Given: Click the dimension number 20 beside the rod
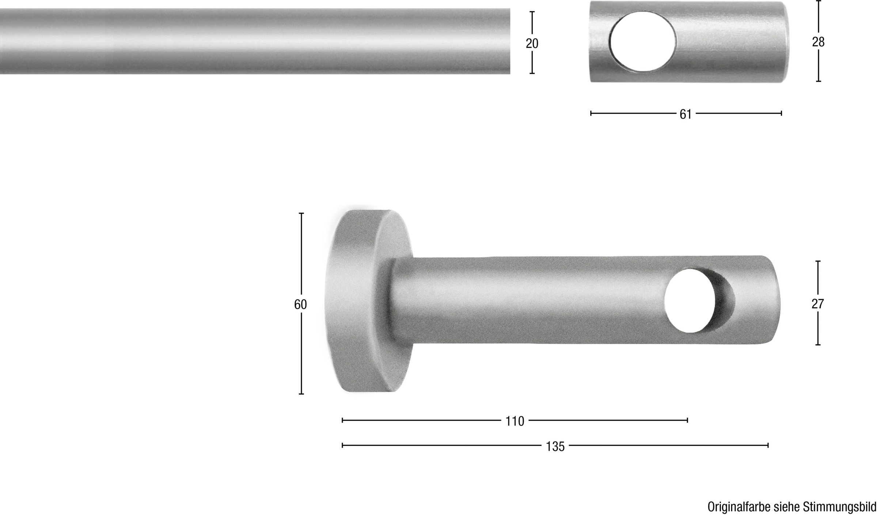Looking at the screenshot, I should click(532, 44).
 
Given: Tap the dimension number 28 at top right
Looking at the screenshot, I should click(818, 42).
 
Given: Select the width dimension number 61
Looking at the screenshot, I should click(686, 114).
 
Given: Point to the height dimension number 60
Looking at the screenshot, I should click(300, 304).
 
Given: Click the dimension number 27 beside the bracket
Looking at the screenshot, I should click(817, 304).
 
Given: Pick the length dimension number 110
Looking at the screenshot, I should click(515, 421).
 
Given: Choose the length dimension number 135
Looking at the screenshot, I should click(555, 446).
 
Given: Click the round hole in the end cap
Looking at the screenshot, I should click(643, 41).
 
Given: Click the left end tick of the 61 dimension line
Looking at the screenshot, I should click(591, 114).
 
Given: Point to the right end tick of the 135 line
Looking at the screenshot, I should click(768, 445).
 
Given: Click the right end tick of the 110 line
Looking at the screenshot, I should click(687, 420).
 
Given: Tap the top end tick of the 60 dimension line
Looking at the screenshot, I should click(301, 213).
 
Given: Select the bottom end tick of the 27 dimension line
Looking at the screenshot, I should click(818, 344).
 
